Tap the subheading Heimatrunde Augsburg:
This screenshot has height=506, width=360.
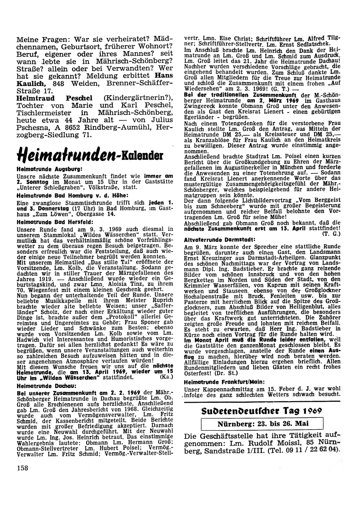[x=50, y=169]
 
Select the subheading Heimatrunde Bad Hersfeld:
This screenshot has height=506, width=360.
[x=55, y=222]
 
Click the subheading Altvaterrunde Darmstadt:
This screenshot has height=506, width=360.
[x=220, y=239]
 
